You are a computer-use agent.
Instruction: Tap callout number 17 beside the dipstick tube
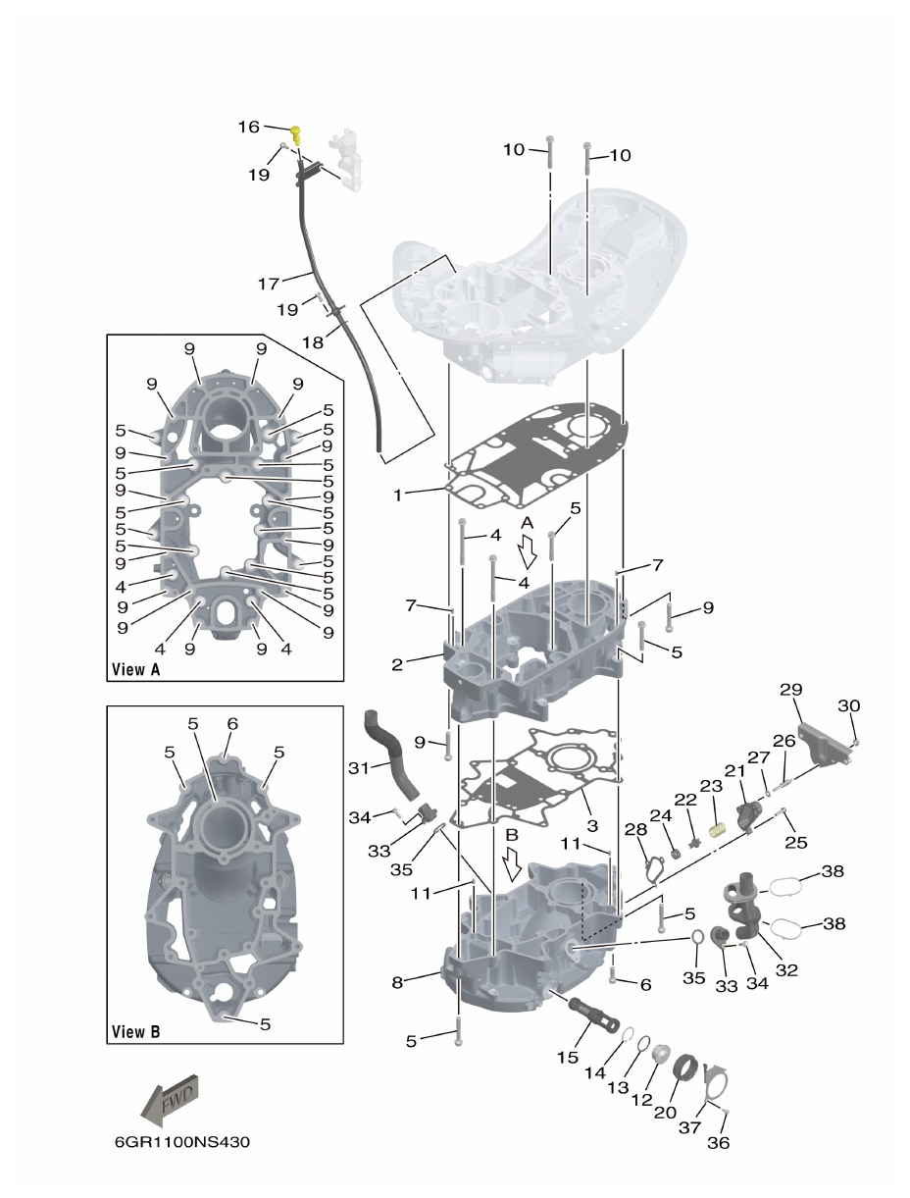(269, 285)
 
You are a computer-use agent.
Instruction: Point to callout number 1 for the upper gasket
(398, 495)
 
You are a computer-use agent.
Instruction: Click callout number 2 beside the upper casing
(398, 664)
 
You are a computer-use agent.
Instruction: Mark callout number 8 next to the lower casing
(398, 981)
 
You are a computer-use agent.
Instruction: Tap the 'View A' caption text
(135, 669)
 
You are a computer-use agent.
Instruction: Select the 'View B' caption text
(135, 1031)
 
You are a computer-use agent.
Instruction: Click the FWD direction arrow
(173, 1097)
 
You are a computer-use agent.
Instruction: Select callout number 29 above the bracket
(791, 691)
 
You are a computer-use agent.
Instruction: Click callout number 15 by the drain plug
(568, 1058)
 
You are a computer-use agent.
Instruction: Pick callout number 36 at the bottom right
(718, 1142)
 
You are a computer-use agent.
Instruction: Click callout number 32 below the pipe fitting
(786, 970)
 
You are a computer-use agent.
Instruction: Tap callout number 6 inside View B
(231, 723)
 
